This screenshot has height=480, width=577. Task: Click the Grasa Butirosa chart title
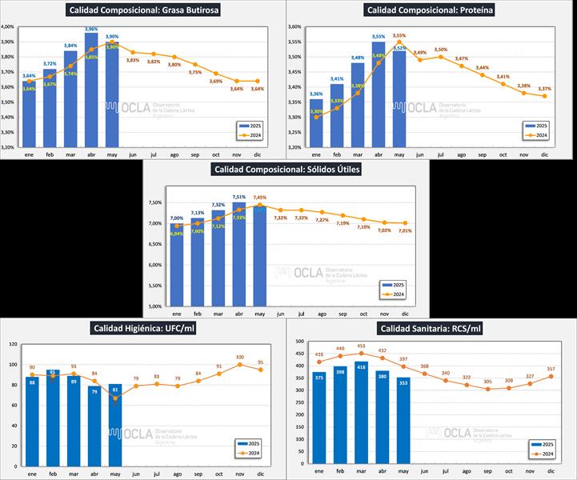tap(144, 10)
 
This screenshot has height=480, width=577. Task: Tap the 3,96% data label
tap(91, 28)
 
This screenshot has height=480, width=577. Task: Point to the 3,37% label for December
tap(545, 89)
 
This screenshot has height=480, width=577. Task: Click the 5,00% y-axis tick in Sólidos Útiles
tap(154, 306)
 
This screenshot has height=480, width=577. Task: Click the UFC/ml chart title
tap(144, 328)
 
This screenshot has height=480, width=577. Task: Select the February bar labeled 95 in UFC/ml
tap(53, 416)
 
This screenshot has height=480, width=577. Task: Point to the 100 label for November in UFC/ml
tap(239, 358)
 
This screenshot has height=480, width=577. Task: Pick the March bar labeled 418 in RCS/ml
tap(361, 411)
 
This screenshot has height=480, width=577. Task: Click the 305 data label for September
tap(487, 382)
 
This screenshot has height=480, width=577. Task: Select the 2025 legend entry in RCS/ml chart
tap(536, 444)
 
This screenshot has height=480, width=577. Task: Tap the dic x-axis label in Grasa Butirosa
tap(258, 156)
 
